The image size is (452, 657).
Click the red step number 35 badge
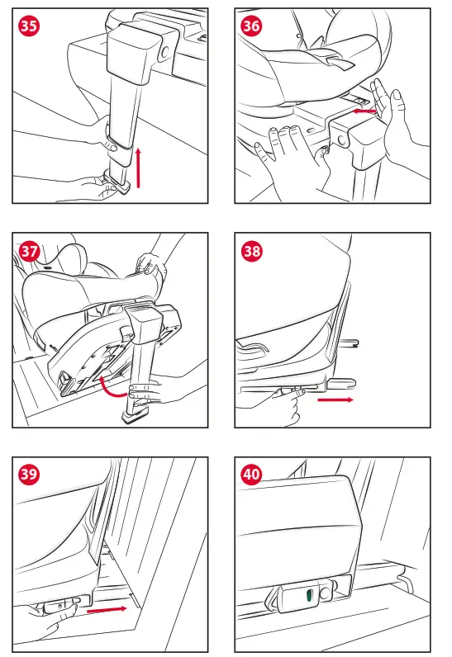click(x=29, y=26)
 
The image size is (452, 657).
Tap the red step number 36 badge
click(x=251, y=26)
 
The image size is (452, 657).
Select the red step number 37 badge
click(x=29, y=251)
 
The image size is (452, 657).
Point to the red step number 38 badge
click(x=251, y=251)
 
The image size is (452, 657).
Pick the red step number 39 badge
click(x=29, y=474)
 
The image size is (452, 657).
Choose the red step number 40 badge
click(x=251, y=474)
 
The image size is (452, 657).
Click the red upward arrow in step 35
click(x=138, y=168)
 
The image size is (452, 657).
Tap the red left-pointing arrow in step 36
click(x=364, y=111)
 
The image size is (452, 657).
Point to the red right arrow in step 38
click(x=335, y=399)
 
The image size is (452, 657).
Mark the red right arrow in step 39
click(x=107, y=610)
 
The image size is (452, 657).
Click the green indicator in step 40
click(x=310, y=595)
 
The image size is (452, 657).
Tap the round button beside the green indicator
click(x=325, y=594)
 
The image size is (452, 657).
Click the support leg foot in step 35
click(x=115, y=185)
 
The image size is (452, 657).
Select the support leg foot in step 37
click(x=134, y=416)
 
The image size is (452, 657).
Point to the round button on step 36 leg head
click(x=343, y=140)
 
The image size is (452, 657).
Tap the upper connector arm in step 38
click(x=348, y=343)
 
